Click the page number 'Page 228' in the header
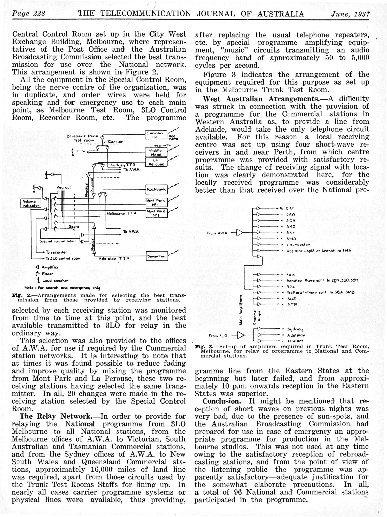pos(29,13)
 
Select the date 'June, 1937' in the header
pos(350,14)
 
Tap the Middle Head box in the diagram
pos(156,153)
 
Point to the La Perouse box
pos(156,162)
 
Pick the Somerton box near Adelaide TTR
pos(157,256)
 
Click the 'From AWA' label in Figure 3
pos(217,233)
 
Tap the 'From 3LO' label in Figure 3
pos(218,336)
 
